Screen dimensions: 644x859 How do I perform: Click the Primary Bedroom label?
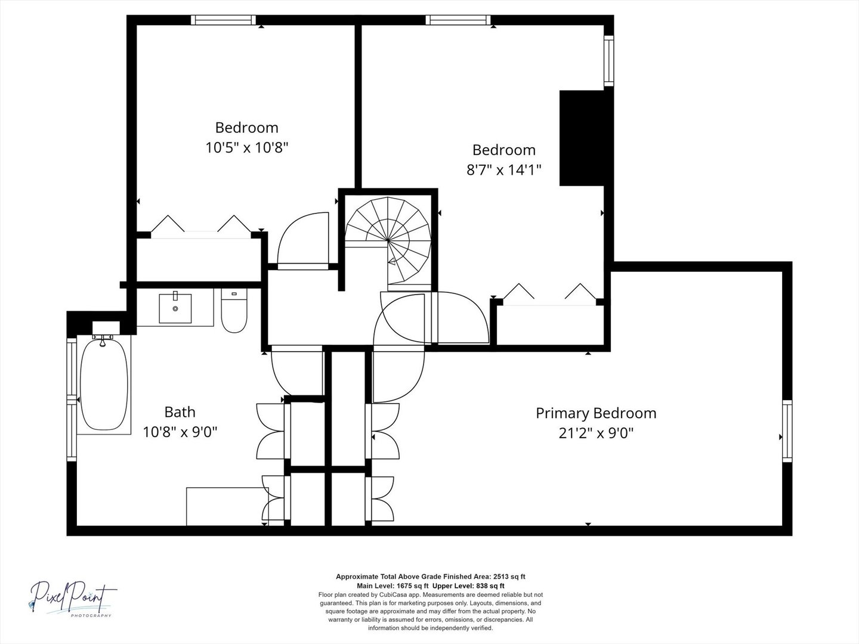(x=595, y=413)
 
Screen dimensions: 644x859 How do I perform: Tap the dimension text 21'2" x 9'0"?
(x=595, y=433)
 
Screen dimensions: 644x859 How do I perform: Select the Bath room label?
(x=180, y=411)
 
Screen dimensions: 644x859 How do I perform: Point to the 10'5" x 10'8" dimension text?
(x=247, y=147)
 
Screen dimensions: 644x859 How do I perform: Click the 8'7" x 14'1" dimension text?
(x=504, y=170)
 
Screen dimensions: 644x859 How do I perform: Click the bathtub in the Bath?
(x=104, y=385)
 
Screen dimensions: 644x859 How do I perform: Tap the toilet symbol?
(x=234, y=311)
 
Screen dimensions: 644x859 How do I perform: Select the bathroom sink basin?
(x=175, y=308)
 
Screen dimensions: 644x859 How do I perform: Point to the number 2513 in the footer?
(x=502, y=577)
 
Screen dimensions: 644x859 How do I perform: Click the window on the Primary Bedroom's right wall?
(x=787, y=431)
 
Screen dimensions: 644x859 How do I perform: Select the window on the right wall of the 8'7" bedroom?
(x=608, y=60)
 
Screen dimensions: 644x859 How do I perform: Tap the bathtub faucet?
(x=103, y=340)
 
